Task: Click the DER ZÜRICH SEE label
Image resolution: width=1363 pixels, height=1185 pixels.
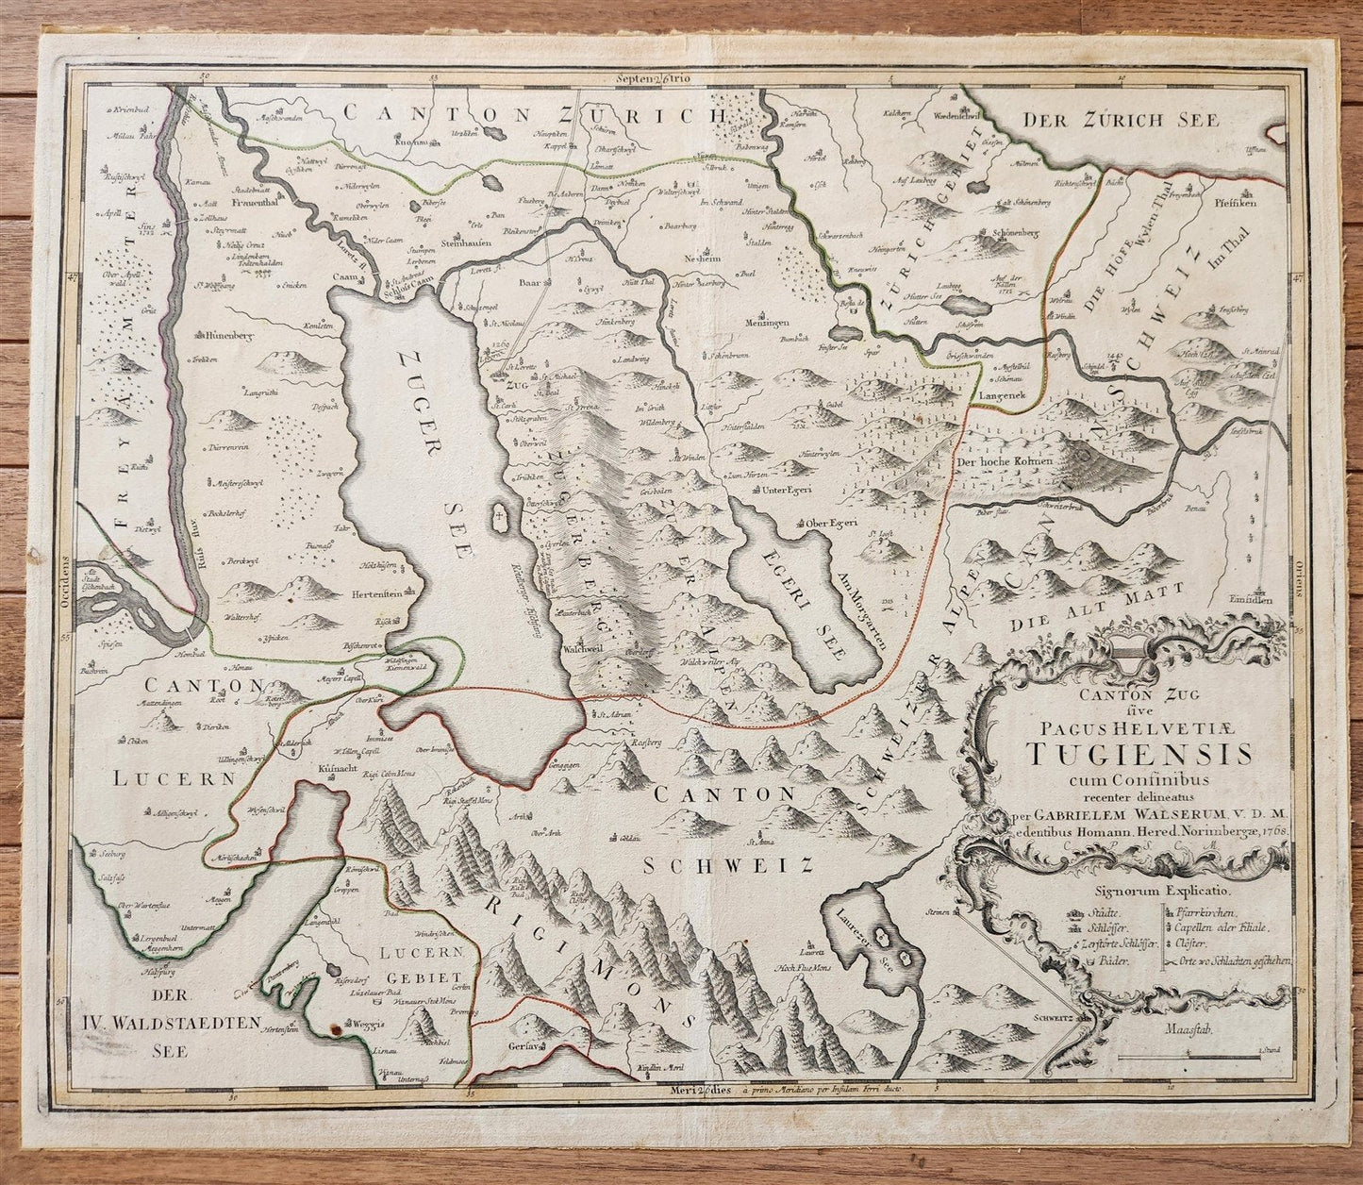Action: tap(1135, 120)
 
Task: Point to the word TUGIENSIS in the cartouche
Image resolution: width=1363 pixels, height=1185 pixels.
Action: tap(1139, 754)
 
